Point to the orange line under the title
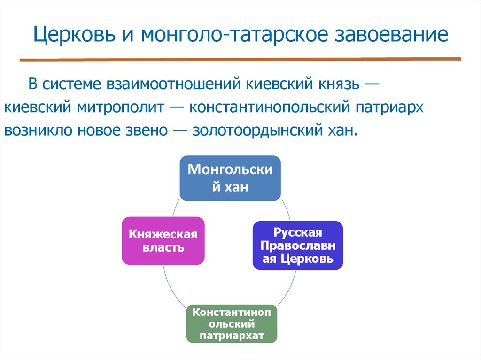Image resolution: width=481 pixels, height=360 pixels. coord(240,60)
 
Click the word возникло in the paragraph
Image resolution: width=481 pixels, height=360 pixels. coord(35,130)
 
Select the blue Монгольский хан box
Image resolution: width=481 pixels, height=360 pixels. coord(230,178)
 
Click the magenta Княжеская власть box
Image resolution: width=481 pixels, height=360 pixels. coord(163,241)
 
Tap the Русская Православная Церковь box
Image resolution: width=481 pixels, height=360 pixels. coord(298,245)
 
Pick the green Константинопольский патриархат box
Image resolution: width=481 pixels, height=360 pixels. coord(232,324)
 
